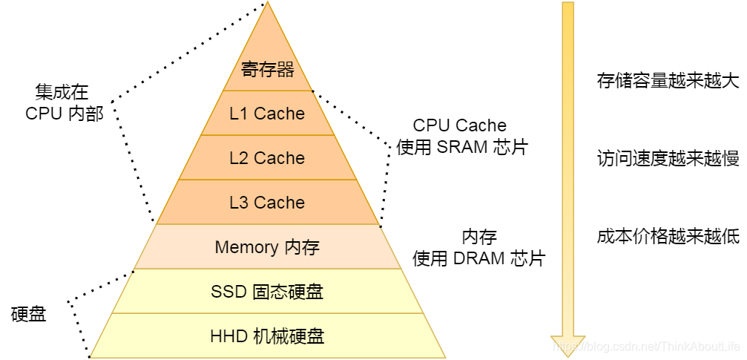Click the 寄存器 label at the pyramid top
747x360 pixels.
point(267,70)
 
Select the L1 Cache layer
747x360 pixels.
point(267,114)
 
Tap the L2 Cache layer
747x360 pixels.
point(267,158)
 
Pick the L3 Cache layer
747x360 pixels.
point(267,203)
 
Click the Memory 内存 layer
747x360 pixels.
point(267,247)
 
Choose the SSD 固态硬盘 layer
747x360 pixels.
point(267,292)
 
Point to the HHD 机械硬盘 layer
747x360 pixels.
point(267,336)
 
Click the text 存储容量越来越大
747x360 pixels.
point(668,80)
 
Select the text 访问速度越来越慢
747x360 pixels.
point(668,158)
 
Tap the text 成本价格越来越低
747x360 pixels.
point(668,237)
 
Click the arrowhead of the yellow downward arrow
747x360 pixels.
point(567,345)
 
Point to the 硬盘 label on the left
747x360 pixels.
point(29,314)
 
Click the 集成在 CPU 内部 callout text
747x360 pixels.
point(62,102)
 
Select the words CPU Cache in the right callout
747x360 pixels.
point(460,125)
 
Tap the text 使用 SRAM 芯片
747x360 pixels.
point(461,147)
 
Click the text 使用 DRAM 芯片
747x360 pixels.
point(478,258)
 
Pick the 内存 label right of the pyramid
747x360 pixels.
point(479,237)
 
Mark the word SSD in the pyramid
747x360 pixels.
point(228,292)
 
